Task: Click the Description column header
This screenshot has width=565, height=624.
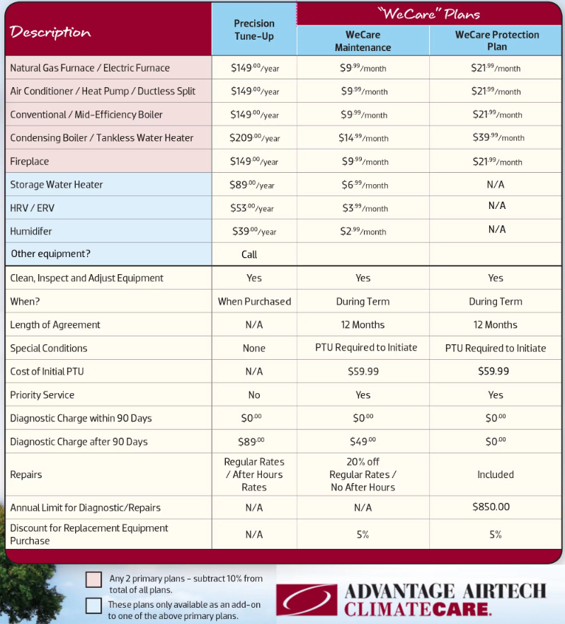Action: [50, 33]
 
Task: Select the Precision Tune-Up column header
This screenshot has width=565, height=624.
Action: [253, 30]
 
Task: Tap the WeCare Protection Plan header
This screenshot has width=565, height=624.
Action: [496, 40]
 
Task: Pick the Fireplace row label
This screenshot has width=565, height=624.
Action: [30, 161]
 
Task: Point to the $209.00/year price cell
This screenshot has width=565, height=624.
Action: [254, 138]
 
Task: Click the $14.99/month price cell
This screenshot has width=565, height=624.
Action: [363, 138]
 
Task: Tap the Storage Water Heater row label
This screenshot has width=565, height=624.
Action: [57, 185]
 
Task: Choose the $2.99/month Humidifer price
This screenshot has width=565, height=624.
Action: [363, 232]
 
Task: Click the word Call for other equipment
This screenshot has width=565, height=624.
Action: [249, 254]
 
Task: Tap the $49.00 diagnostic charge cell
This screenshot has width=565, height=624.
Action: [363, 441]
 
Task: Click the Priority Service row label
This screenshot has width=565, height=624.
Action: [42, 395]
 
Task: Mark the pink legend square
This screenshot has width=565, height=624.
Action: [93, 579]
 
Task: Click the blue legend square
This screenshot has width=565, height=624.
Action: [93, 606]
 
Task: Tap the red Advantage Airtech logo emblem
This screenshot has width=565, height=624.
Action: [307, 599]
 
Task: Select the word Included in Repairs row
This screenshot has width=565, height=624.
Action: [496, 475]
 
